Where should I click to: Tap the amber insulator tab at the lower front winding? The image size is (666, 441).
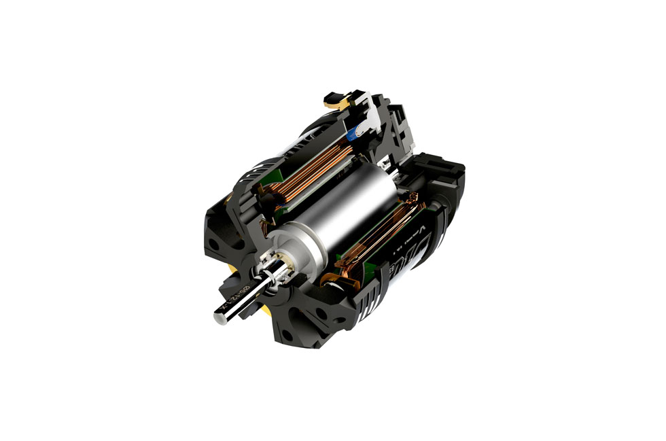333,279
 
